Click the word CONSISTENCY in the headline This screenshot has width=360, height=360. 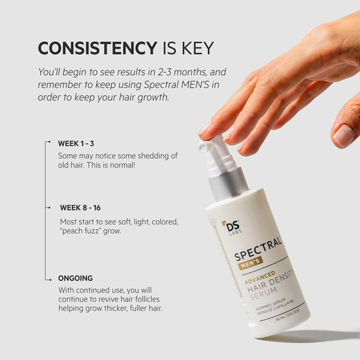click(97, 48)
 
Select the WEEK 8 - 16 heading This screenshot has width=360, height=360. click(80, 207)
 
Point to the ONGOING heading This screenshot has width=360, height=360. click(75, 278)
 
